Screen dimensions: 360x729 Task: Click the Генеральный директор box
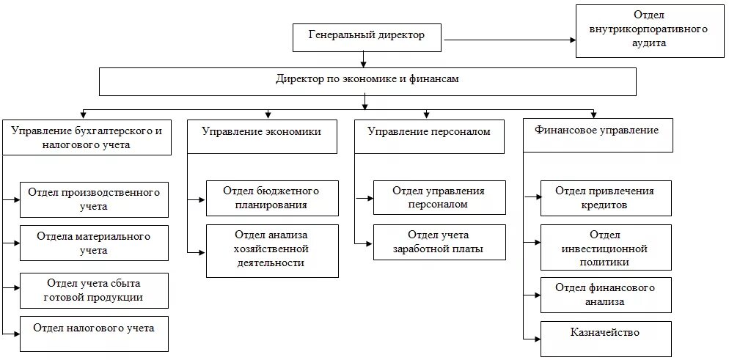[x=367, y=37]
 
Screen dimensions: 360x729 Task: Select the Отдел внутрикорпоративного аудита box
[x=650, y=31]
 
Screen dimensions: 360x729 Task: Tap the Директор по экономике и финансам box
[x=367, y=81]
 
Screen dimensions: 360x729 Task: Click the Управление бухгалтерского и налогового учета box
[x=87, y=137]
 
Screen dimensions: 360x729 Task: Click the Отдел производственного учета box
[x=94, y=199]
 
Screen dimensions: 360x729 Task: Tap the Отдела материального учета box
[x=94, y=243]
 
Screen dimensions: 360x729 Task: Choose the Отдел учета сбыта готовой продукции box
[x=94, y=290]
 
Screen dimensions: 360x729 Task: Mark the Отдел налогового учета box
[x=94, y=334]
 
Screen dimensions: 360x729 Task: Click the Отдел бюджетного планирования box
[x=272, y=198]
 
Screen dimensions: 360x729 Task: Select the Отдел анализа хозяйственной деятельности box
[x=272, y=250]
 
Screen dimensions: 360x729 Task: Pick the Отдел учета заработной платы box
[x=439, y=242]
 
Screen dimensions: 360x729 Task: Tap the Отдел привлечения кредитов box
[x=605, y=198]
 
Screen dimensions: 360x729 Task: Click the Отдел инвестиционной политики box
[x=605, y=248]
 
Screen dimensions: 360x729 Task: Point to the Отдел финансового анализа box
[x=605, y=295]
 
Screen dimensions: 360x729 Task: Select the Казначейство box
[x=605, y=338]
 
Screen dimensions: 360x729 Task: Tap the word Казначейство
[x=605, y=333]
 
